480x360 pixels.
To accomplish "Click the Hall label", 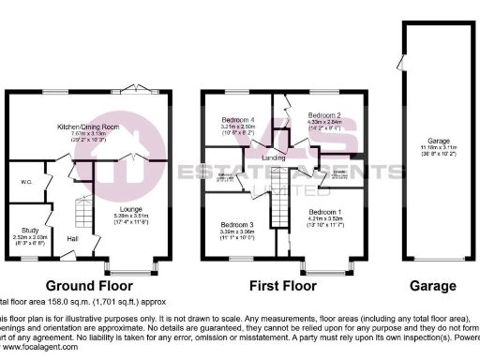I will point(72,238).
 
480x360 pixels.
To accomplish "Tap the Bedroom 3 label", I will point(237,225).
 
